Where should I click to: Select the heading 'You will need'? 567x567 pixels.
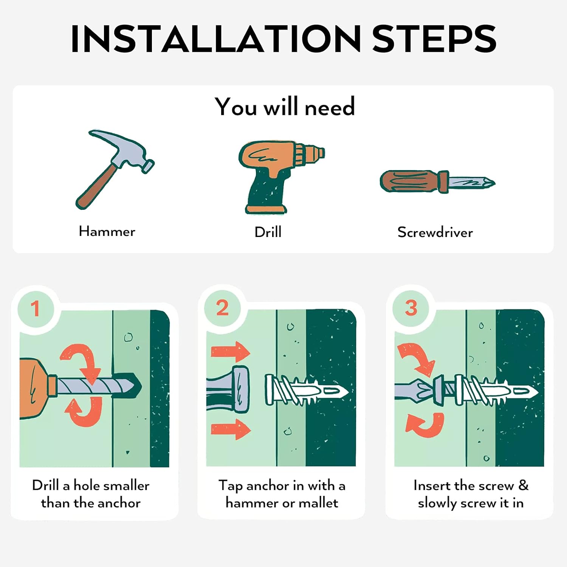coord(285,107)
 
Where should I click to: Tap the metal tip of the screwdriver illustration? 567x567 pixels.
coord(472,183)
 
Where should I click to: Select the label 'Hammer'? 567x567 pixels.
coord(107,231)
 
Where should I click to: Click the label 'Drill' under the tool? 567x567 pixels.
coord(268,232)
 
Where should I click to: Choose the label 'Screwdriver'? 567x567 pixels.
coord(435,232)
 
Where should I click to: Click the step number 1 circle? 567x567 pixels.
coord(36,308)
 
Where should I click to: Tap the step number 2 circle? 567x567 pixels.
coord(222,308)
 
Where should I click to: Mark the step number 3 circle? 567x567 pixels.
coord(411,308)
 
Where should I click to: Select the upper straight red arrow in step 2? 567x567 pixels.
coord(231,352)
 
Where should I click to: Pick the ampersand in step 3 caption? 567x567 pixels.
coord(524,485)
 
